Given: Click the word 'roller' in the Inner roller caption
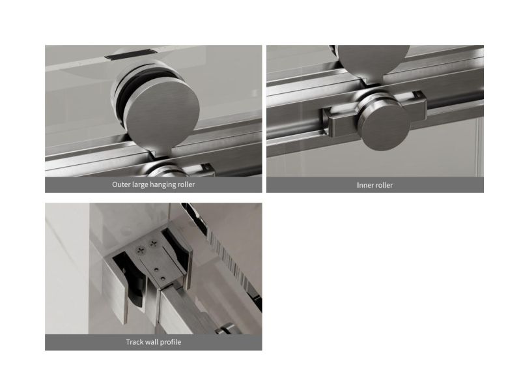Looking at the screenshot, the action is (385, 185).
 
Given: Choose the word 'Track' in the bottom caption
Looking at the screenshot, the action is (135, 341).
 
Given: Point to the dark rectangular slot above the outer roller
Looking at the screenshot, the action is (126, 54).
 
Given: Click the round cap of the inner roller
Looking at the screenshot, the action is (386, 127).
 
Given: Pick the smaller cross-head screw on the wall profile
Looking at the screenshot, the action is (153, 244).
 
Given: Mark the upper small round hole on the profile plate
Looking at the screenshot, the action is (156, 268).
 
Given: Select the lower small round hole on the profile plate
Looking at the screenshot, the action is (162, 278).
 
